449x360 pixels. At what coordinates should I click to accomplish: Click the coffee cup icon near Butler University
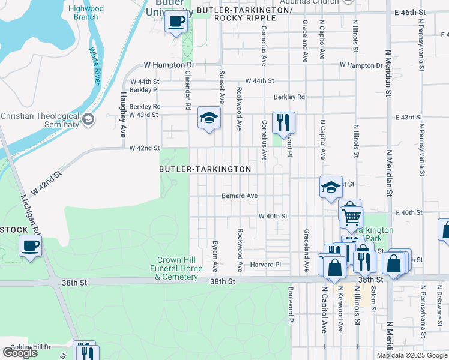tap(176, 22)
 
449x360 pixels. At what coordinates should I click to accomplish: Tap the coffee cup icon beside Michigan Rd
tap(30, 245)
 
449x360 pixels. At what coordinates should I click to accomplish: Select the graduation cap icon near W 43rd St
tap(209, 118)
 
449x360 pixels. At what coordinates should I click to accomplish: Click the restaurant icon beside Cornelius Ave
tap(283, 123)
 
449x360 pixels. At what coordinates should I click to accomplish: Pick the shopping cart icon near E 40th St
tap(351, 215)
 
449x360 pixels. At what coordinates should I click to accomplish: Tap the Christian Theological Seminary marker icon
tap(88, 119)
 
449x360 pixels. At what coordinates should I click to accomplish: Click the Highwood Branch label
tap(86, 13)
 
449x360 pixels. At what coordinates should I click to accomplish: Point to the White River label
tap(94, 66)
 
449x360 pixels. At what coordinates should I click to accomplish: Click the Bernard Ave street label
tap(240, 196)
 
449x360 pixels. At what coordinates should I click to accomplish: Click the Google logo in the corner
tap(19, 353)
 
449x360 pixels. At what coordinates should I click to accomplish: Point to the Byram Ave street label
tap(214, 256)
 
